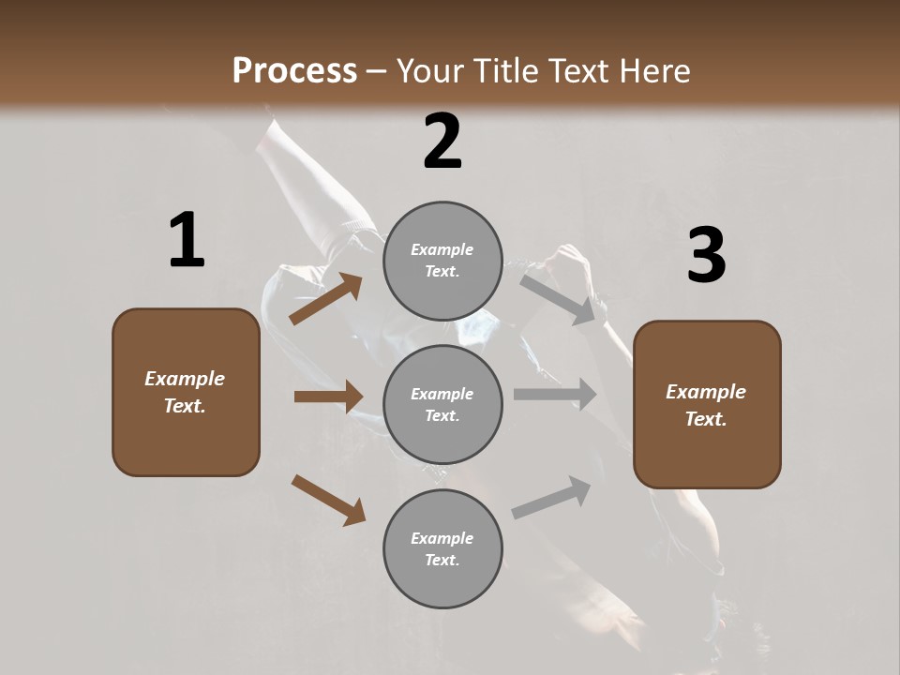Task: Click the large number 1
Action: click(x=187, y=241)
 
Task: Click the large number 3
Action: click(x=706, y=255)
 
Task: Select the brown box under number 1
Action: click(x=186, y=392)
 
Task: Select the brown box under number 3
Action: click(x=707, y=405)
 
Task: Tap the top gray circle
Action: click(x=442, y=261)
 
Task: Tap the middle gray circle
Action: click(x=442, y=404)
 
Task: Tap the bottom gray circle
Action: click(x=442, y=548)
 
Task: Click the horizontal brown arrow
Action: click(x=328, y=397)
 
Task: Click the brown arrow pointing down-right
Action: click(x=328, y=499)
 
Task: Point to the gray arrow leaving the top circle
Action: click(x=559, y=298)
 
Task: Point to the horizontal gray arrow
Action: click(x=554, y=395)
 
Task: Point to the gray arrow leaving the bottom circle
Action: click(x=551, y=498)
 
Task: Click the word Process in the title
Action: click(x=294, y=70)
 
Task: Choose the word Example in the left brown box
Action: click(x=185, y=379)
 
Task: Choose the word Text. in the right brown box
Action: click(x=706, y=419)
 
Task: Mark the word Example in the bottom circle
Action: click(x=442, y=538)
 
